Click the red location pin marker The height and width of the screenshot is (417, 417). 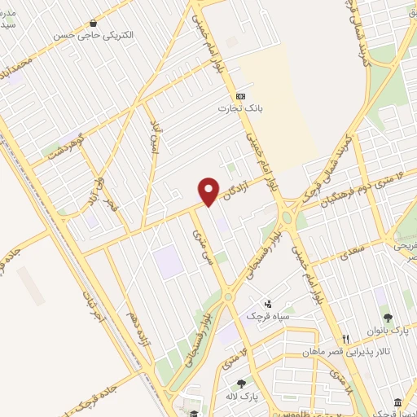point(209,191)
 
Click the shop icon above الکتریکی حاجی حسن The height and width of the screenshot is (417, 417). point(96,24)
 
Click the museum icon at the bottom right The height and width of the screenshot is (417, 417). point(397,404)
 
